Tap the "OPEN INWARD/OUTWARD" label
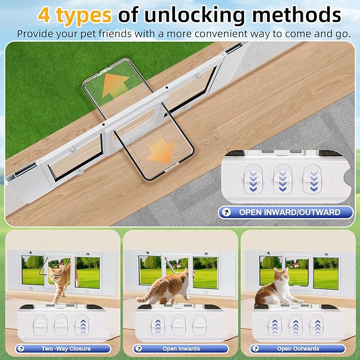[x=289, y=212]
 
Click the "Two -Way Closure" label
[x=66, y=348]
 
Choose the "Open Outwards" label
[x=298, y=348]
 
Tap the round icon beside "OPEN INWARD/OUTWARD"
[x=227, y=212]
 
